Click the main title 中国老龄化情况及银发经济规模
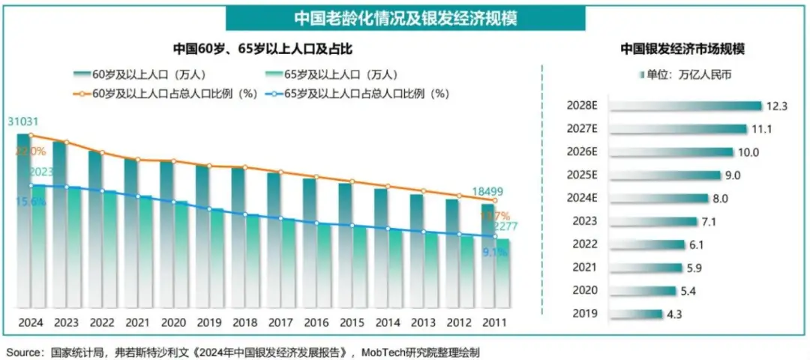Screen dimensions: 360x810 405,16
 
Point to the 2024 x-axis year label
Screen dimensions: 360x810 30,322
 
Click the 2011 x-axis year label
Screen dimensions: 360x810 492,322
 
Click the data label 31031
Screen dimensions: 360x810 23,121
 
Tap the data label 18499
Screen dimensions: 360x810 487,191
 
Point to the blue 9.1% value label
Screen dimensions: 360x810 496,252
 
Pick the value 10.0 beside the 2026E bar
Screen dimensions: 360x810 748,152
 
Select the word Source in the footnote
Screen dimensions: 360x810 23,351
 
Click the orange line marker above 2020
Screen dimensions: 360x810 172,161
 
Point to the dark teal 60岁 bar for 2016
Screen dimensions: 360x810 309,240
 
